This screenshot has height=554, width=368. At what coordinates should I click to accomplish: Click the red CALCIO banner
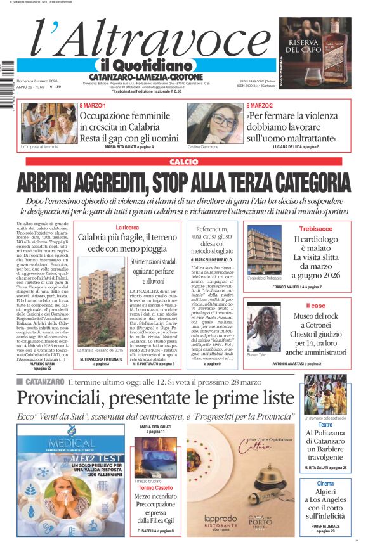point(183,162)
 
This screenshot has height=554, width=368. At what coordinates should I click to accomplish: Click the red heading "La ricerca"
point(127,227)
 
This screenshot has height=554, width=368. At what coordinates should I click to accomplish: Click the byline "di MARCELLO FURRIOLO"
point(211,260)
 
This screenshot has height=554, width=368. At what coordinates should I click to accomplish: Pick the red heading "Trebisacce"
point(315,229)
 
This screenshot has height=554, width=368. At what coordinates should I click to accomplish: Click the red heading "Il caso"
point(315,306)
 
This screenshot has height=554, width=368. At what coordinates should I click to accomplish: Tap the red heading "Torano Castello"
point(155,488)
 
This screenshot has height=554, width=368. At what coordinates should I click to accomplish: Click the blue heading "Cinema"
point(325,484)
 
